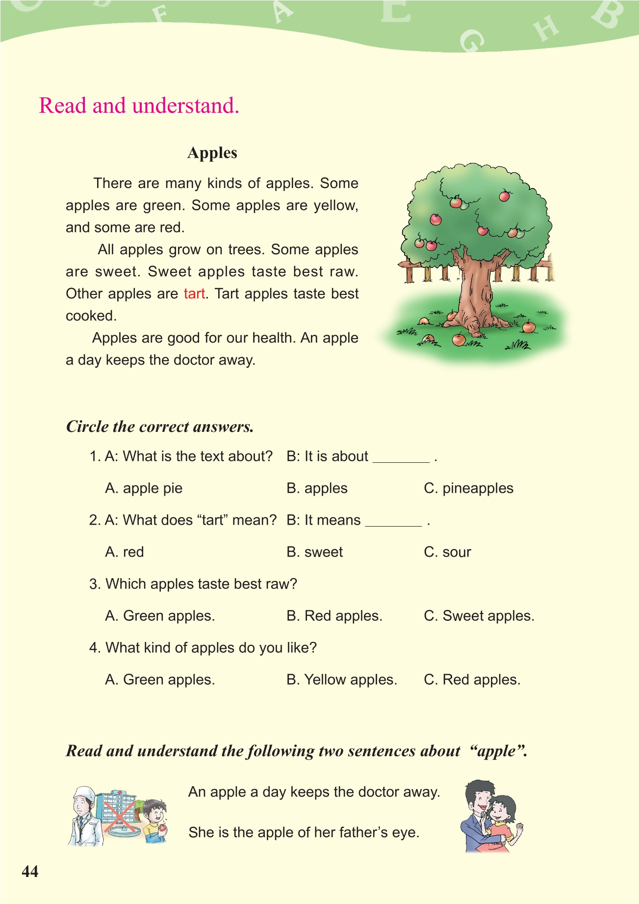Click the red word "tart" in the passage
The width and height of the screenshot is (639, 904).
pyautogui.click(x=194, y=293)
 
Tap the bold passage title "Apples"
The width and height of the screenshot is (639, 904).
pyautogui.click(x=212, y=153)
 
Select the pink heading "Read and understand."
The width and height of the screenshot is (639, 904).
pyautogui.click(x=139, y=106)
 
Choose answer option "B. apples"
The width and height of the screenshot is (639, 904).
pyautogui.click(x=317, y=488)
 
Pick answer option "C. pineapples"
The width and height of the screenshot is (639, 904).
pyautogui.click(x=468, y=488)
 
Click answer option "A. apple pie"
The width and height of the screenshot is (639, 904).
pyautogui.click(x=144, y=488)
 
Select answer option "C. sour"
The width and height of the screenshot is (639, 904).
pyautogui.click(x=447, y=552)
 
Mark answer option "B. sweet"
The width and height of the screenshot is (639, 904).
pyautogui.click(x=314, y=552)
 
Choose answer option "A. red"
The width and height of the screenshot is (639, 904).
pyautogui.click(x=125, y=552)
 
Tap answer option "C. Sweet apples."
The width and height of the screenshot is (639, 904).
pyautogui.click(x=479, y=616)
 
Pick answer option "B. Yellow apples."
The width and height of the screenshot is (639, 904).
pyautogui.click(x=342, y=680)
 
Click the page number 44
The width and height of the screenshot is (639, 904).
pyautogui.click(x=30, y=871)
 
